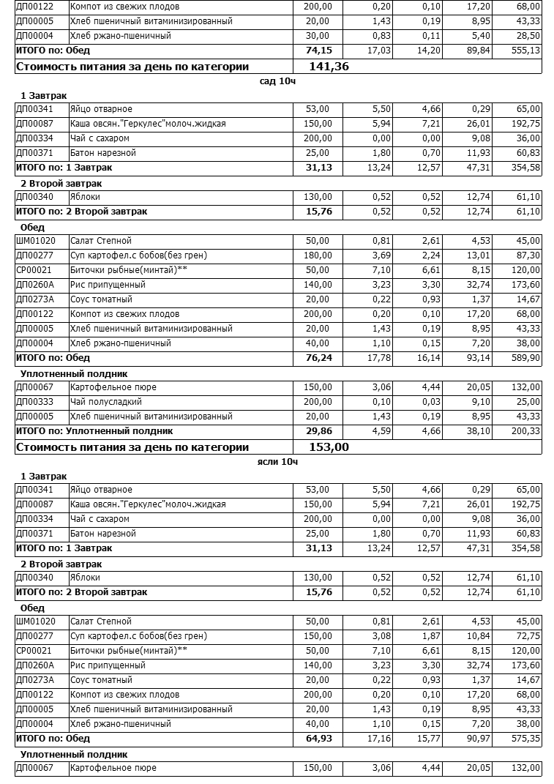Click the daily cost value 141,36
point(329,67)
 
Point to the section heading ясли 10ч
point(278,462)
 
